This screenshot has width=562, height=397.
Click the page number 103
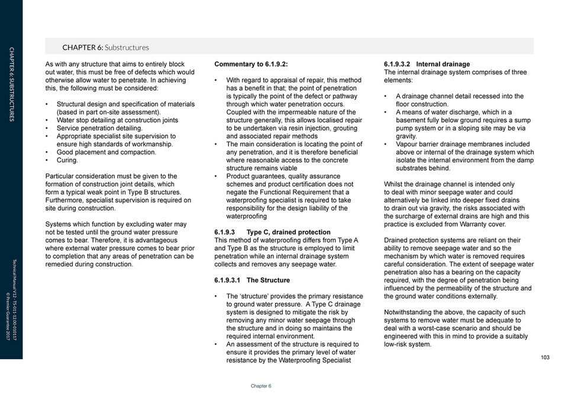[x=545, y=357]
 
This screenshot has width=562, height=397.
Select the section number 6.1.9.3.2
[x=398, y=64]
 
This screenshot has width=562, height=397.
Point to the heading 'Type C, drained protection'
[x=288, y=232]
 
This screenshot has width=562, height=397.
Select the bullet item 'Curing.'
[x=67, y=160]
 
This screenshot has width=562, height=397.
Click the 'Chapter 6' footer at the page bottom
[x=261, y=386]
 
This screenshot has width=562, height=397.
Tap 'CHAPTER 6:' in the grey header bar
[x=82, y=47]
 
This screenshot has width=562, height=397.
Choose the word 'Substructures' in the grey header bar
[x=127, y=47]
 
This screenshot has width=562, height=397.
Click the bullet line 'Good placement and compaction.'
[x=106, y=152]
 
